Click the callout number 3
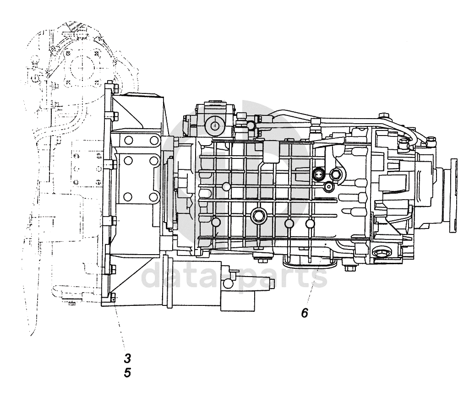tap(128, 358)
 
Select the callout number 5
tap(128, 373)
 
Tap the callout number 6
tap(305, 313)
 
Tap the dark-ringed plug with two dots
tap(319, 173)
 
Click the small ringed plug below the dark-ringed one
tap(328, 186)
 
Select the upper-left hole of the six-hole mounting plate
tap(128, 141)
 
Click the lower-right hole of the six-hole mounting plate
tap(154, 197)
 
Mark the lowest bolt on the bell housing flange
tap(113, 295)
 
